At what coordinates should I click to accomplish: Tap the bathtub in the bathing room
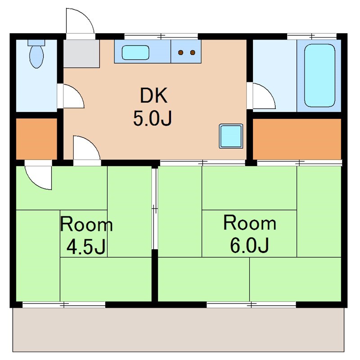pos(319,76)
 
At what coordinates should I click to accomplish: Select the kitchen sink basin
pos(135,53)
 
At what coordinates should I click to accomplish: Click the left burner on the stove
pos(181,53)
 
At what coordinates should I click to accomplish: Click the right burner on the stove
pos(193,53)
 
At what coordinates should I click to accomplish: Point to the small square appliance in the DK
pos(231,136)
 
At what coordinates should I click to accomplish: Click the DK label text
pos(153,95)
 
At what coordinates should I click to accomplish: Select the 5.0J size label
pos(153,119)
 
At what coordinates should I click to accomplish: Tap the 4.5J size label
pos(86,247)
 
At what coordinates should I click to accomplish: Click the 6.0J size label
pos(249,245)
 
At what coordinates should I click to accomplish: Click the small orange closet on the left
pos(36,139)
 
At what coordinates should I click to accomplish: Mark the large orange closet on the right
pos(297,139)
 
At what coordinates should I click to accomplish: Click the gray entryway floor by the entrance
pos(81,54)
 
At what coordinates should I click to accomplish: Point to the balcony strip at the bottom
pos(178,329)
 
